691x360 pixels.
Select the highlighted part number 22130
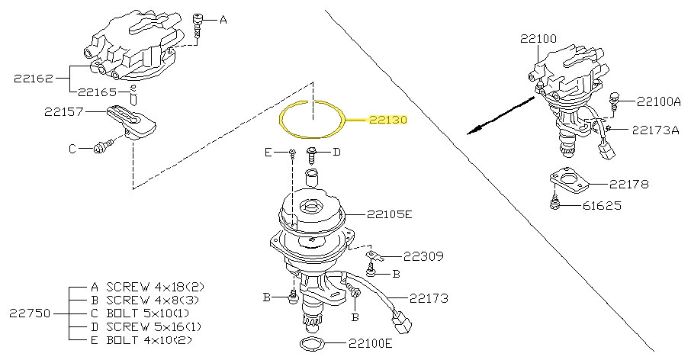pyautogui.click(x=389, y=121)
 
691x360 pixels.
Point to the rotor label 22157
pyautogui.click(x=63, y=111)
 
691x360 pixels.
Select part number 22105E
pyautogui.click(x=389, y=214)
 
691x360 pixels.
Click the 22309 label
pyautogui.click(x=423, y=256)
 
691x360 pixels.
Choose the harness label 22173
pyautogui.click(x=429, y=298)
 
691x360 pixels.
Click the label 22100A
pyautogui.click(x=659, y=101)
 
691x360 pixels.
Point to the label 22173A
pyautogui.click(x=655, y=130)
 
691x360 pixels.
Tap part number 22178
pyautogui.click(x=628, y=184)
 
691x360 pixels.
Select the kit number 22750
pyautogui.click(x=31, y=313)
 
